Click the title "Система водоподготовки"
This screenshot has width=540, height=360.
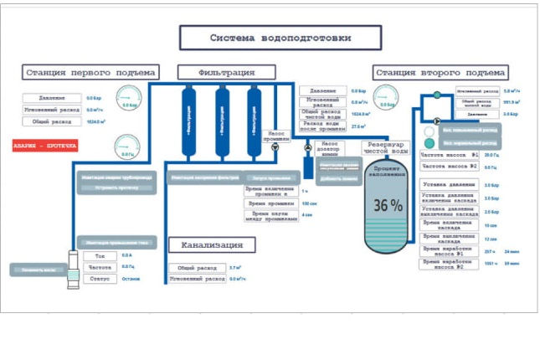280,38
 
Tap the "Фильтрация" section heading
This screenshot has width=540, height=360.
220,72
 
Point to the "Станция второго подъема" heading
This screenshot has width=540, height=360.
440,72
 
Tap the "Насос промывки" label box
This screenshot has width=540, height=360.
276,135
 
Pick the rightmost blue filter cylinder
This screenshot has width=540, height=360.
254,114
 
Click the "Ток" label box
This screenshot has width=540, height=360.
100,255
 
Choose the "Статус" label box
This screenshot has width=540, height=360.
100,278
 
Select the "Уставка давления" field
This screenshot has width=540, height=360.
449,184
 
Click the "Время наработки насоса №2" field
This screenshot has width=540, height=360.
449,264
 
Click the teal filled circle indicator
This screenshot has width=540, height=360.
429,143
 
